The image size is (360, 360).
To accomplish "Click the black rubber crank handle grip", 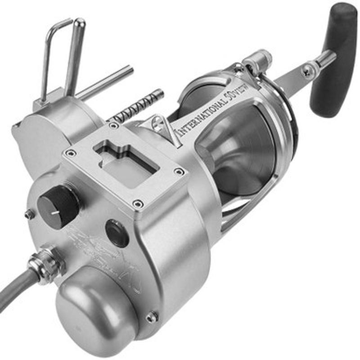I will (333, 58).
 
